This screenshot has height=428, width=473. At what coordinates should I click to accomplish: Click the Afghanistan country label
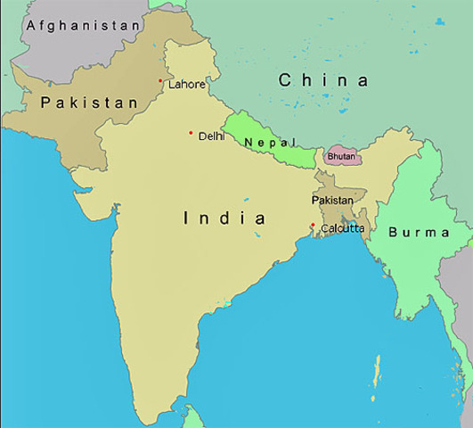click(x=84, y=26)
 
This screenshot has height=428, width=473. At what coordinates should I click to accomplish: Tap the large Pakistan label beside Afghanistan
click(x=89, y=103)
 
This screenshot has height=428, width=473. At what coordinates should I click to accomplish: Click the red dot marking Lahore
click(x=160, y=81)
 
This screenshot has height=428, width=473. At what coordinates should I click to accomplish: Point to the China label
click(x=323, y=80)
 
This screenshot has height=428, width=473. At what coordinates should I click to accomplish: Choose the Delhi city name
click(x=212, y=136)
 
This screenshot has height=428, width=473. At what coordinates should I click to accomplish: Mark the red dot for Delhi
click(x=191, y=134)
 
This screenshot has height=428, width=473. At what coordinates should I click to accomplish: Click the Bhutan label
click(x=341, y=157)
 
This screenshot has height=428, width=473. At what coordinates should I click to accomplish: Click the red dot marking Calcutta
click(x=312, y=225)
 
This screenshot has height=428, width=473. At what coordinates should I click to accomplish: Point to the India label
click(x=224, y=218)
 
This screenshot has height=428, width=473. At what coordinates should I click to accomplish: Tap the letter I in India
click(x=186, y=218)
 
